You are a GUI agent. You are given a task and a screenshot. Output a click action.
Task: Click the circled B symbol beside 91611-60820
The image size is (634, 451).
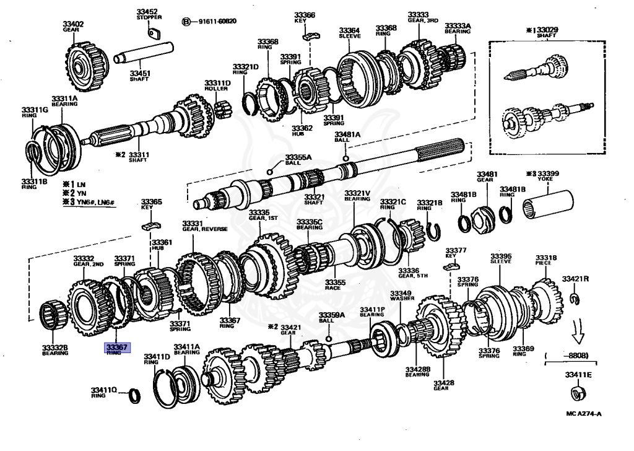[185, 22]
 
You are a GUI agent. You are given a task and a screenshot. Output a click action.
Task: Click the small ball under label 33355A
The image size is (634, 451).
[269, 171]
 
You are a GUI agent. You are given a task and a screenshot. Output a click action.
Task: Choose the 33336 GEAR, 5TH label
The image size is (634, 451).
[409, 273]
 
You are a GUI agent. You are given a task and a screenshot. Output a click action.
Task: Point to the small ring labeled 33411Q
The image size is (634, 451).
[132, 394]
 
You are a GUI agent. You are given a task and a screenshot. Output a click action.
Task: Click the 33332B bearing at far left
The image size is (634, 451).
[54, 314]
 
